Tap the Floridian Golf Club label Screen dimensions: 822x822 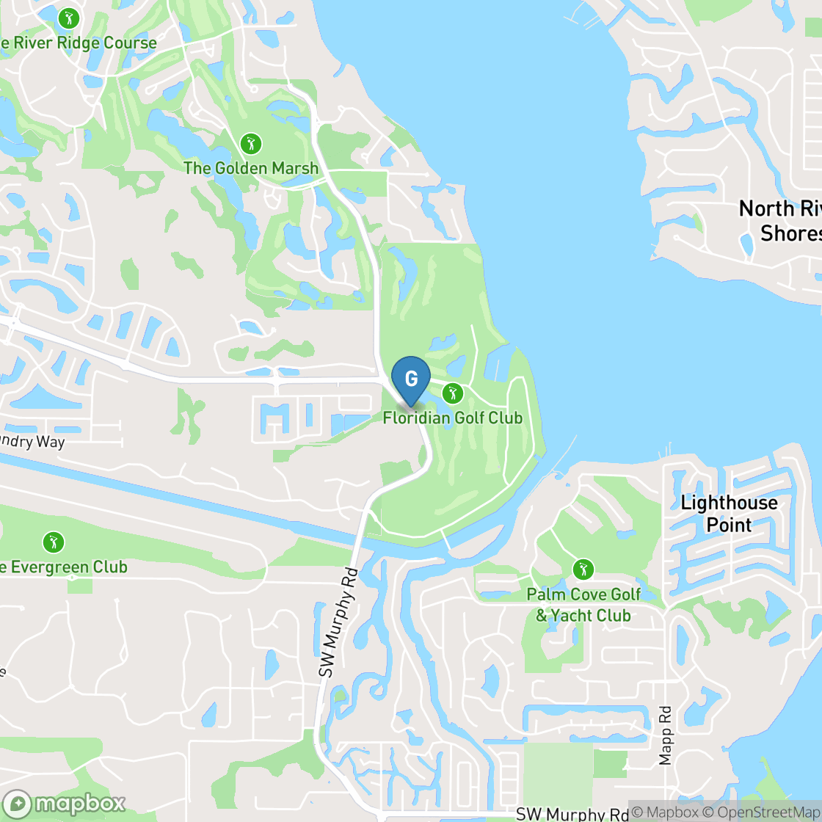[452, 418]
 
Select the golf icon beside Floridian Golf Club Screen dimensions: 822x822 [453, 393]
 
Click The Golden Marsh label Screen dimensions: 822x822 [251, 168]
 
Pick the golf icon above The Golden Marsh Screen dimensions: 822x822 [251, 143]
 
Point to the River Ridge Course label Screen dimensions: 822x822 [79, 43]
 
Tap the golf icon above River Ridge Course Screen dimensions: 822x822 [68, 18]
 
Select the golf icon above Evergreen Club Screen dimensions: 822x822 [53, 543]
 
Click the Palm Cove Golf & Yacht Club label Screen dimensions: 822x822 [583, 605]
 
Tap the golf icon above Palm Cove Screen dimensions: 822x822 [583, 569]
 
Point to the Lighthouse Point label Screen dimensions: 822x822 [729, 514]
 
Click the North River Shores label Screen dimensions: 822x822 [780, 221]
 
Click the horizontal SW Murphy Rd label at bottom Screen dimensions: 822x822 [572, 814]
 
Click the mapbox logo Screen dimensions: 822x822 [64, 804]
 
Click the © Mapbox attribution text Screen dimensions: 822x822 [665, 812]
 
